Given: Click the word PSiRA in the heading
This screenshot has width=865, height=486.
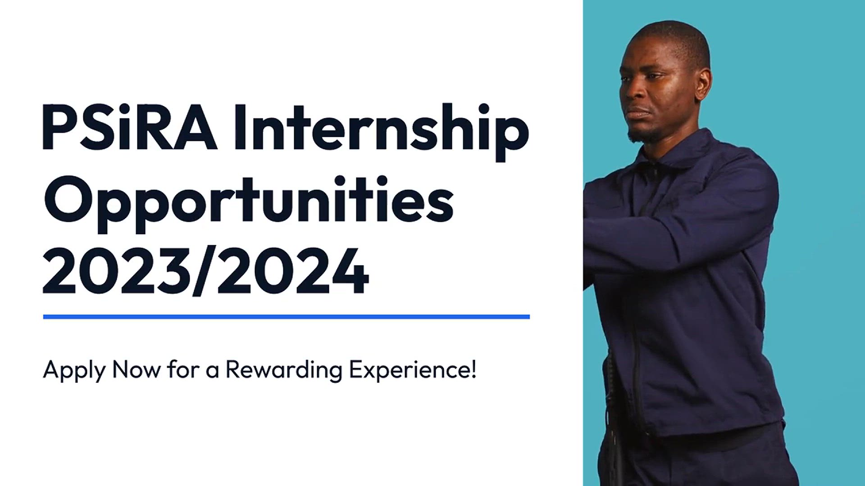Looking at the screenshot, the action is coord(130,127).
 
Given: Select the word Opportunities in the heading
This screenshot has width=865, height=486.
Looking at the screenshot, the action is coord(248,204).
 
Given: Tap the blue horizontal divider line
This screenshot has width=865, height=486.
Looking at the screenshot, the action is coord(287,317).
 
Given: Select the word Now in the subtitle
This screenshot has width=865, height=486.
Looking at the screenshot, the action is coord(136,369).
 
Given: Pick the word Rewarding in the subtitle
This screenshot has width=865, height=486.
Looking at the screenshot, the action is coord(284,371).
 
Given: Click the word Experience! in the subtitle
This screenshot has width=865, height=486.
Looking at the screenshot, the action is coord(413,371).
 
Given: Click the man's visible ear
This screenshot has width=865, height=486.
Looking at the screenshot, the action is coord(703,83).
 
